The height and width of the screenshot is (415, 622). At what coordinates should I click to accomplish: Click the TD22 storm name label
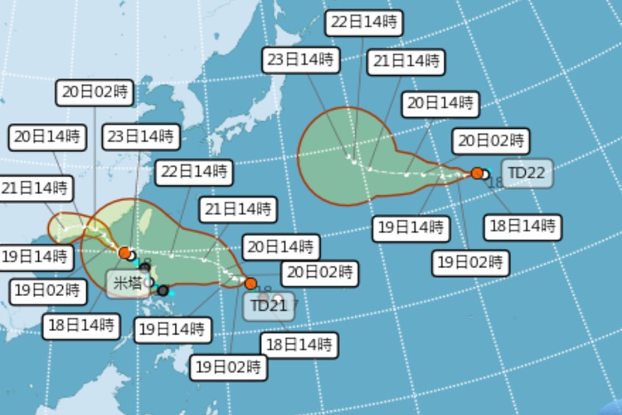(x=527, y=173)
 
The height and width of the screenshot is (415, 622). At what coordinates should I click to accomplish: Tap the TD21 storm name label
(x=270, y=306)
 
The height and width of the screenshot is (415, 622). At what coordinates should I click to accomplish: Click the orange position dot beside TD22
(x=477, y=173)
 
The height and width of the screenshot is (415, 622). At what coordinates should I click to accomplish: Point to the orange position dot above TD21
(x=250, y=283)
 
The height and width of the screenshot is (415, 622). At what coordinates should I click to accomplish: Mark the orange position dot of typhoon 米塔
(x=124, y=252)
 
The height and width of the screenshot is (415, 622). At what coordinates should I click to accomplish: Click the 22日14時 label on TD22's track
(x=363, y=23)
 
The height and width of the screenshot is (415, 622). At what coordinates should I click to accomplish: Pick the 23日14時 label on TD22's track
(x=299, y=59)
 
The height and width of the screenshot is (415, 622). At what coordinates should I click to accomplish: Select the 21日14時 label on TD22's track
(x=405, y=61)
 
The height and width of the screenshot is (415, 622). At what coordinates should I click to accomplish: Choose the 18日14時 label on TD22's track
(x=522, y=227)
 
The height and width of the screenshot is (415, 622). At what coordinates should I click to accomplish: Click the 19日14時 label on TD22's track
(x=411, y=227)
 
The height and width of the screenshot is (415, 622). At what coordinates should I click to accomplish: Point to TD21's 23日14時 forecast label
(x=140, y=135)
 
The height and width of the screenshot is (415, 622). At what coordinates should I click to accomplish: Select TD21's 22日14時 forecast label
(x=191, y=171)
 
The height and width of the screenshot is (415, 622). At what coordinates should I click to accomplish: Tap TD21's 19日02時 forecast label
(x=229, y=366)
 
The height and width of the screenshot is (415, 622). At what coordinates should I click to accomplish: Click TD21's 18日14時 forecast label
(x=301, y=343)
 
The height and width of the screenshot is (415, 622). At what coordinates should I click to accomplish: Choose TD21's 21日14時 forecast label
(x=239, y=209)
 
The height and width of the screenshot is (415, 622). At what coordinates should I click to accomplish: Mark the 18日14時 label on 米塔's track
(x=81, y=324)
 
